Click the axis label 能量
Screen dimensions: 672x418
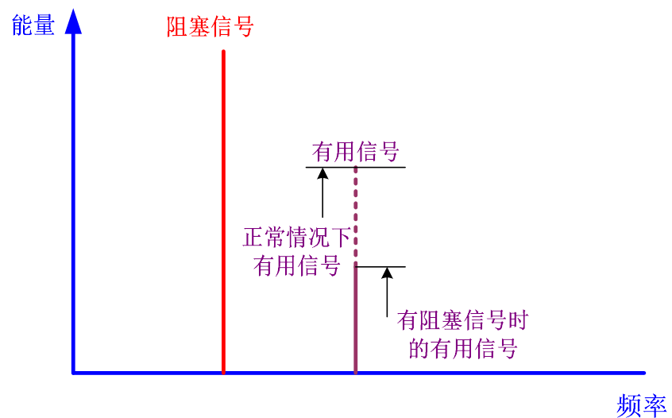33,26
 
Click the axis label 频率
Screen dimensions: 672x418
641,405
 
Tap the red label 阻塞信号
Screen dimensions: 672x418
210,27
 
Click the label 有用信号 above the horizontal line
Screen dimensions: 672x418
355,152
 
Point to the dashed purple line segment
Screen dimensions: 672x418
355,215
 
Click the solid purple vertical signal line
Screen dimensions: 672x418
355,318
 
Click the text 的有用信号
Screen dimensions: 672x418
463,348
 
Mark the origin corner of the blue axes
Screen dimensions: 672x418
73,372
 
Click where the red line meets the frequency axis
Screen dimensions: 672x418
223,372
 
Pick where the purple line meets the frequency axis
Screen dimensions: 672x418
355,372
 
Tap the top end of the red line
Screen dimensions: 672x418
223,52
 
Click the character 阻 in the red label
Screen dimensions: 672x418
177,27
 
